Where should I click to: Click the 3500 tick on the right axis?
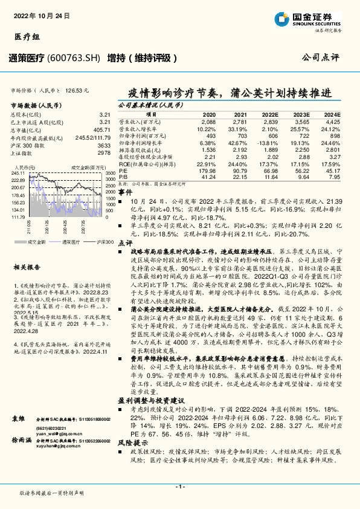tap(109, 173)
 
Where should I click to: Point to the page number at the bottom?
tap(179, 485)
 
